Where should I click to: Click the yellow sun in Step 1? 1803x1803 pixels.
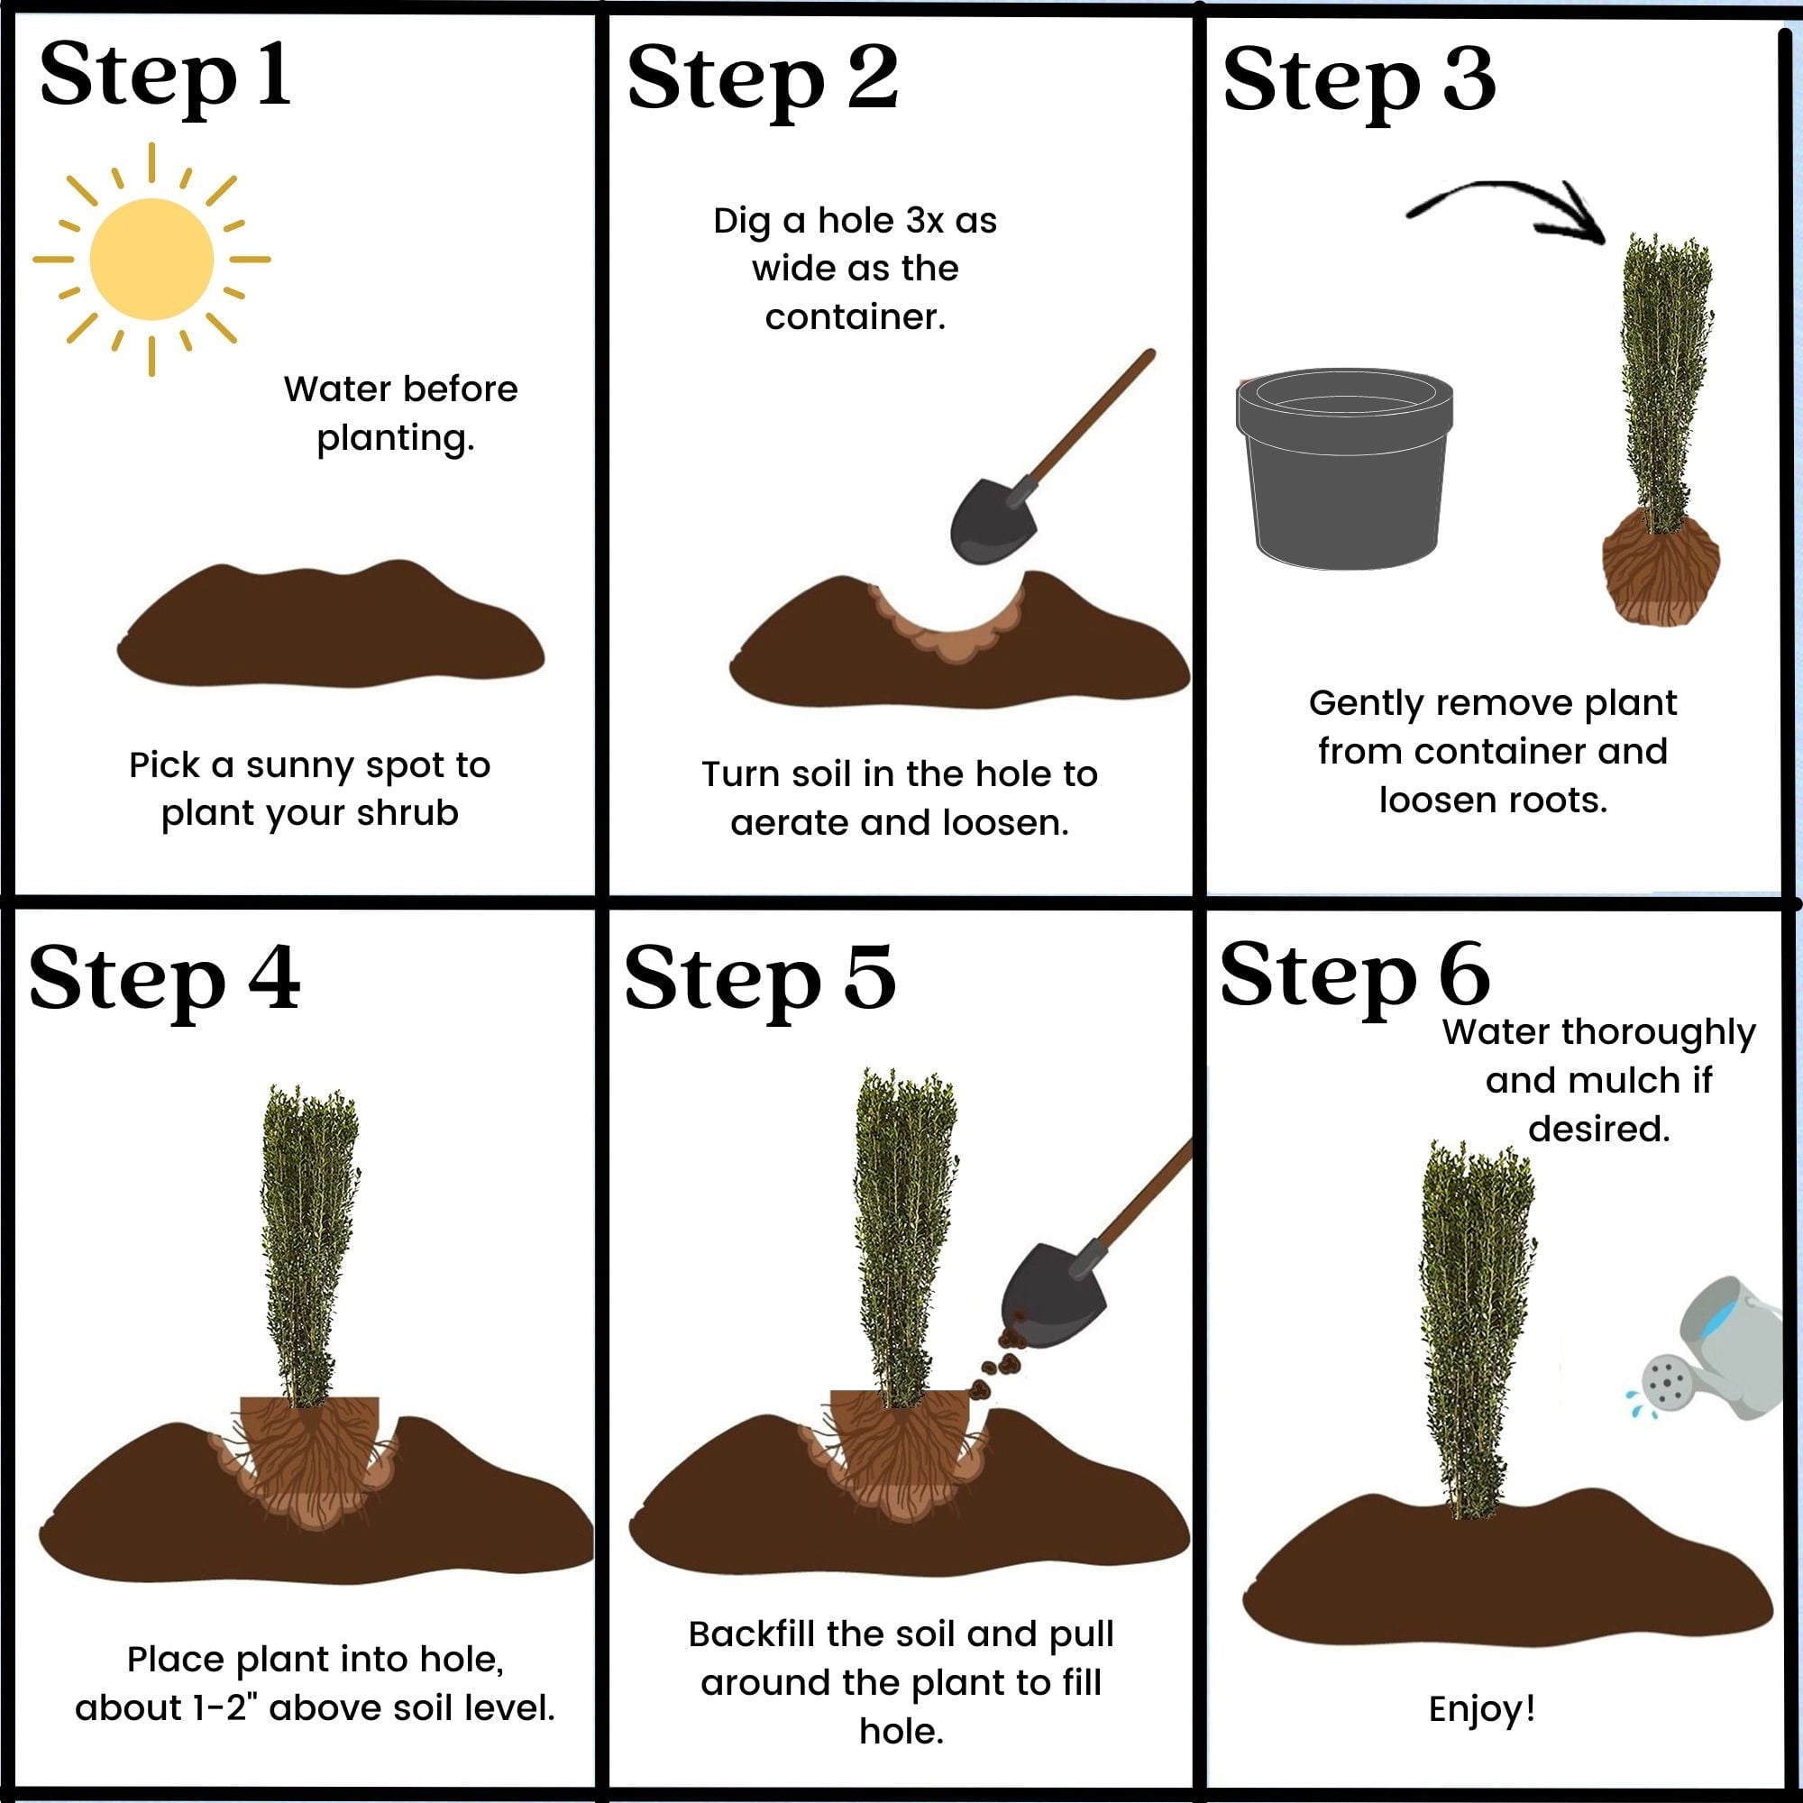[x=151, y=260]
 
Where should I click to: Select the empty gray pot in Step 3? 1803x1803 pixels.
[x=1345, y=468]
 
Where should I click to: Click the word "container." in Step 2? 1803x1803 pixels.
[x=855, y=317]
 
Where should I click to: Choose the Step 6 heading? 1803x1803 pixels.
[x=1354, y=975]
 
